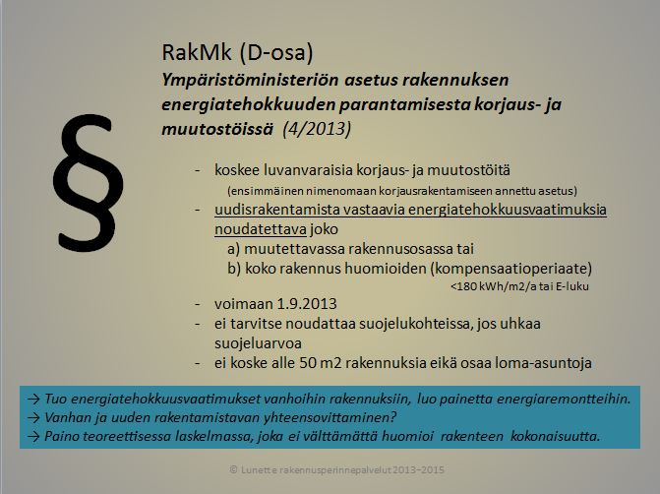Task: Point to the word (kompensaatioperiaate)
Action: click(510, 268)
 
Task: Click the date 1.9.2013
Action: click(312, 304)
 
